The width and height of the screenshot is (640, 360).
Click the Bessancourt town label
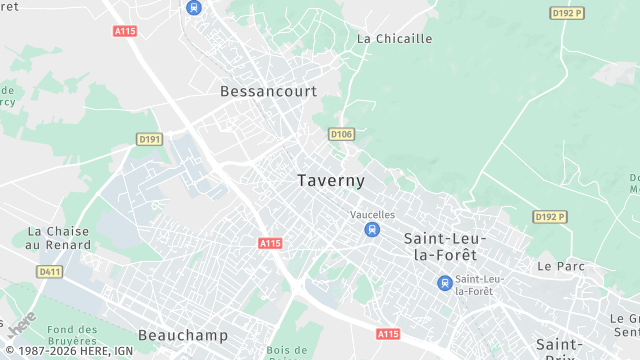coord(268,91)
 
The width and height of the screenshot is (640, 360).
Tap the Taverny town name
coord(331,181)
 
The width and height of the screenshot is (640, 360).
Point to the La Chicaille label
coord(395,39)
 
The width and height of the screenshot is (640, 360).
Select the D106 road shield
coord(341,134)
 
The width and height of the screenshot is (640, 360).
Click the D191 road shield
coord(149,139)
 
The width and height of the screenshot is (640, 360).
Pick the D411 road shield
coord(49,271)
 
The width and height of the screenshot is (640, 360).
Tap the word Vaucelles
coord(373,215)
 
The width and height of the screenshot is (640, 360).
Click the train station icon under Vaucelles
coord(372,230)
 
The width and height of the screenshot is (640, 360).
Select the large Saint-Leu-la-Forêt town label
coord(445,246)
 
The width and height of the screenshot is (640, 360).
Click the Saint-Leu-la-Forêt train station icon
coord(444,283)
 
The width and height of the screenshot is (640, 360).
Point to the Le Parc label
coord(559,267)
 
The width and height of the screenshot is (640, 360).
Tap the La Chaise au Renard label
coord(58,238)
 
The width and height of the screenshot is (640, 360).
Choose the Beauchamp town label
coord(183,335)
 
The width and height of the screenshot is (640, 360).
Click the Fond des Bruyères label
coord(72,337)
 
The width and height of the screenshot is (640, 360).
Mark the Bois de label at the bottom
coord(286,351)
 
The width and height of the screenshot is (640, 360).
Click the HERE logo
coord(20,323)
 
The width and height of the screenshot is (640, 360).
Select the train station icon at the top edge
coord(193,7)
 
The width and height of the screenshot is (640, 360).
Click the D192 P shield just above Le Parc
coord(550,217)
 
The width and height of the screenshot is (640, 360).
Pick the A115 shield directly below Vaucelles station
coord(389,333)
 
